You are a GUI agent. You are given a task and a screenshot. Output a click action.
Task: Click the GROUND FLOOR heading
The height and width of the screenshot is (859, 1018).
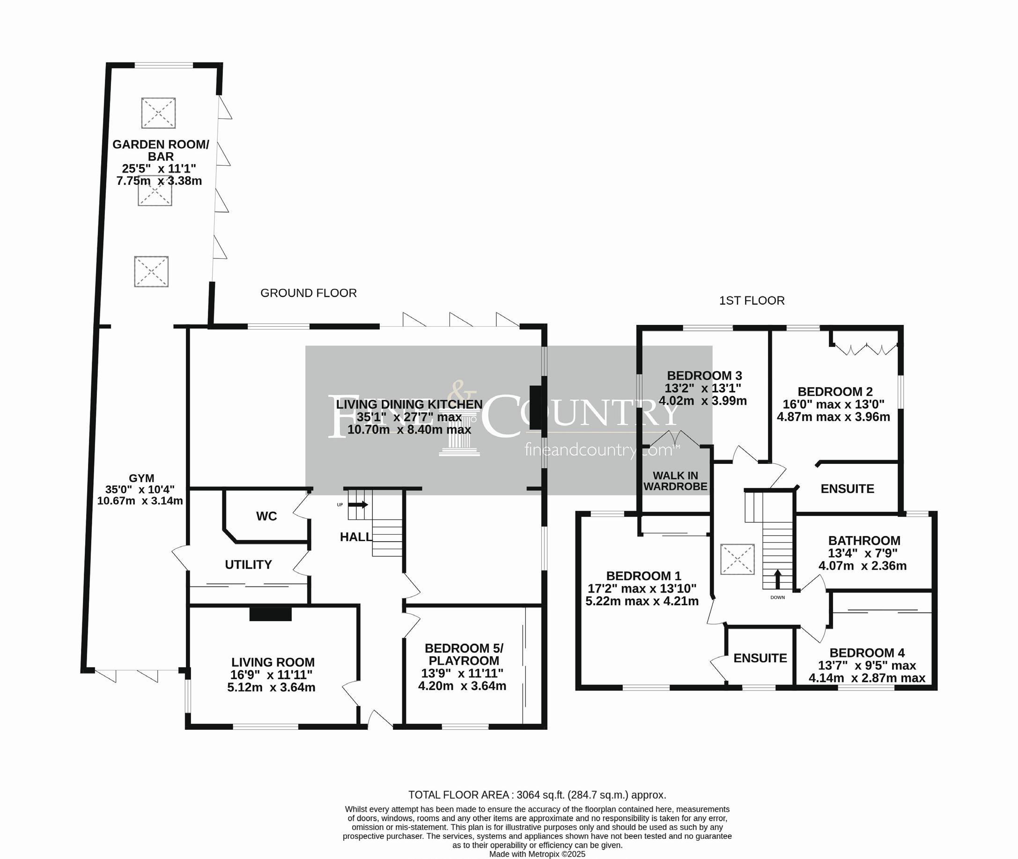308,293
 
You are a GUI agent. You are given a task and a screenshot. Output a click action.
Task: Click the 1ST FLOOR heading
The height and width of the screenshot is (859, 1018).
752,301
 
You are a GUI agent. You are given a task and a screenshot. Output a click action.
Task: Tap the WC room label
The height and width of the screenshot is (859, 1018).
266,516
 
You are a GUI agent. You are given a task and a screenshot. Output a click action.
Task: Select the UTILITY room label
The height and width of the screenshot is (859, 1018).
248,565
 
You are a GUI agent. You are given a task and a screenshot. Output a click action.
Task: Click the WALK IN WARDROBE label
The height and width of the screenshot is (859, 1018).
675,481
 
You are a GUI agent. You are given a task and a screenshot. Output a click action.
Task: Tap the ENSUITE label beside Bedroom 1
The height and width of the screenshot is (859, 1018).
760,658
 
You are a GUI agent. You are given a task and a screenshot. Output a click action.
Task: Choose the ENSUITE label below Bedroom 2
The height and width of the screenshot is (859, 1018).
847,489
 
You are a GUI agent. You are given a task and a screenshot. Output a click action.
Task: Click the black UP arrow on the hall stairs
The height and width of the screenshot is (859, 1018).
359,505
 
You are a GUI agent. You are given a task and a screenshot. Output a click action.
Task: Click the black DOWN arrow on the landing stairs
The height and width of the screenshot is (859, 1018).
777,579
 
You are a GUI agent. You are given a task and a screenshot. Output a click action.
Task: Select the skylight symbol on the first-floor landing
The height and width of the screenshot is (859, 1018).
737,560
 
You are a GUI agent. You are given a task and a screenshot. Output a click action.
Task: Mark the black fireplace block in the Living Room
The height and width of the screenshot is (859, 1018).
270,614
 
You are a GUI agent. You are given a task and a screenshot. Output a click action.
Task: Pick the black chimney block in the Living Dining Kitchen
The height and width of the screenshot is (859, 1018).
535,408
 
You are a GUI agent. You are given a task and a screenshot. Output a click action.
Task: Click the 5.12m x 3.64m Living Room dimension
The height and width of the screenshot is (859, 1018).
271,688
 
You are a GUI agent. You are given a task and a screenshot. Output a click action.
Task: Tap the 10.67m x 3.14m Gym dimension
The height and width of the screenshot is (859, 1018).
140,500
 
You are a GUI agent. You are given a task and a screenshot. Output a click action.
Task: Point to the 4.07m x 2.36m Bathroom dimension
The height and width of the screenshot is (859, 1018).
862,566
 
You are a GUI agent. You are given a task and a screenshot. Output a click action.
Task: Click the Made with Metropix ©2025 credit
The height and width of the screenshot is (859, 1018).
537,854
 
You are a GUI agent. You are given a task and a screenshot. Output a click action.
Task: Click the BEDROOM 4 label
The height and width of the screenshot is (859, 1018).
867,653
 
